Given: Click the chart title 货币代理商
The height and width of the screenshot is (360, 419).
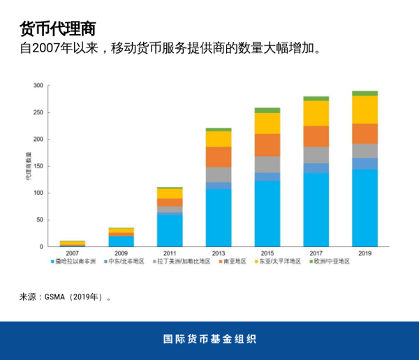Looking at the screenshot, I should tap(57, 29).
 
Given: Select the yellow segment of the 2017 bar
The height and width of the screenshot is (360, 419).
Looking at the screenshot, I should tap(316, 113).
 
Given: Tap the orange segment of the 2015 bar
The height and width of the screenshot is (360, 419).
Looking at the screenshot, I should tap(267, 144).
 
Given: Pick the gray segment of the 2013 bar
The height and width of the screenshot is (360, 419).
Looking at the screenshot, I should tap(219, 174).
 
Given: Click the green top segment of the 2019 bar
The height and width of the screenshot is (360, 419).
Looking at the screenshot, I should tap(365, 93).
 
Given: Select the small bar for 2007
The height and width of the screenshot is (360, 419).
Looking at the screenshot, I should tap(73, 243).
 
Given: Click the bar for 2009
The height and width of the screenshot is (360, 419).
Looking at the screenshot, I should tap(122, 237).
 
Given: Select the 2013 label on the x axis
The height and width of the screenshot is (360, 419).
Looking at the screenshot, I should tap(219, 253).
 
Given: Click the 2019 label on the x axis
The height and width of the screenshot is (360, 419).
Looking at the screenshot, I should tap(365, 253).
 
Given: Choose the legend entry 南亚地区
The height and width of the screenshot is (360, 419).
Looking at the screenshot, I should tap(237, 262).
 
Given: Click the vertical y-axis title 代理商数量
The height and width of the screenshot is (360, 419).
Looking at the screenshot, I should tap(27, 167).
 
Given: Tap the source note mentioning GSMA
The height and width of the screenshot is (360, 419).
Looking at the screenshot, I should tap(66, 297).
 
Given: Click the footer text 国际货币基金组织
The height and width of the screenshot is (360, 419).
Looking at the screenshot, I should tap(209, 340).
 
